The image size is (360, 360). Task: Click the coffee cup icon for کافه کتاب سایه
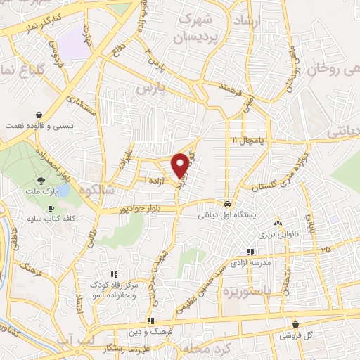click(51, 209)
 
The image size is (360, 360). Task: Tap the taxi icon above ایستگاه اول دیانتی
click(226, 204)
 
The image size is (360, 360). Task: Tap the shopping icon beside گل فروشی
click(295, 324)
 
